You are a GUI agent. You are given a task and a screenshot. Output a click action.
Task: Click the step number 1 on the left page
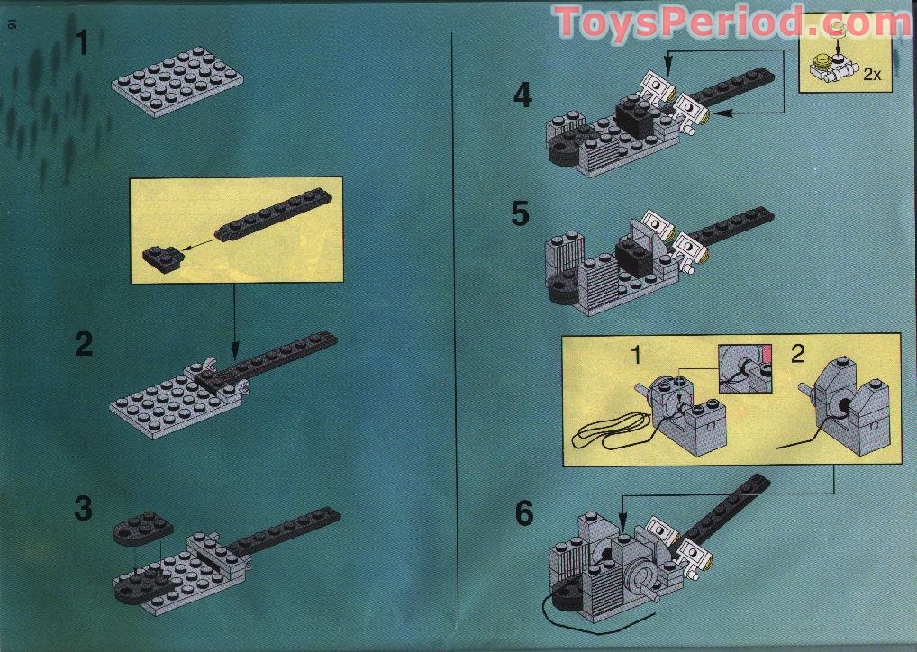[x=84, y=43]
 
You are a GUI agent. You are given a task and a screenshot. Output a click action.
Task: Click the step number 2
[x=84, y=344]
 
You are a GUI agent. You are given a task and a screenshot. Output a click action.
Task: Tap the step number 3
[x=84, y=509]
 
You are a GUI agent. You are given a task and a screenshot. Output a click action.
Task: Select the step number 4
[x=523, y=95]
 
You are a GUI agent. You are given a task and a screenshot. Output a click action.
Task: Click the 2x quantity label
[x=871, y=75]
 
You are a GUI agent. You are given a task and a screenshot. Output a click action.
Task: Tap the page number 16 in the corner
[x=13, y=26]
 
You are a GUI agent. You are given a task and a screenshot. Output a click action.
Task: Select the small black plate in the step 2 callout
[x=162, y=258]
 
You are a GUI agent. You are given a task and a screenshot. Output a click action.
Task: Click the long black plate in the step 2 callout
[x=270, y=214]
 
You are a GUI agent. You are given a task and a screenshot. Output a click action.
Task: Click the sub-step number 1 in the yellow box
[x=636, y=355]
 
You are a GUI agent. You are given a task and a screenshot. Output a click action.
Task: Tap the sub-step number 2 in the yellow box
[x=797, y=354]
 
